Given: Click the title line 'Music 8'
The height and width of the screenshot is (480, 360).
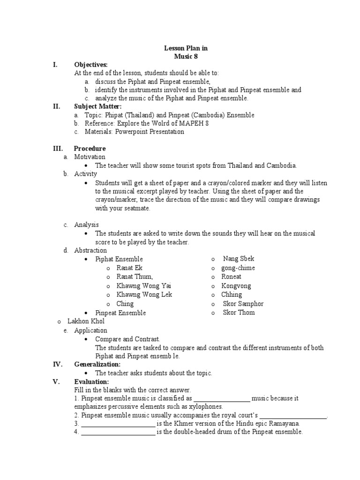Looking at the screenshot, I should coord(180,56).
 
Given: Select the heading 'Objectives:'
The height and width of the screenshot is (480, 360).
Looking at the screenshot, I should coord(91,65).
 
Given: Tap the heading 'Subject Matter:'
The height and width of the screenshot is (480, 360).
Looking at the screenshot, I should coord(96,106).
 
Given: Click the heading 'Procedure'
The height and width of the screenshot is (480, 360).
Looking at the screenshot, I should coord(90,148).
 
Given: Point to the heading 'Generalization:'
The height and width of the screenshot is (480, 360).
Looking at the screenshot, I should coord(97,364).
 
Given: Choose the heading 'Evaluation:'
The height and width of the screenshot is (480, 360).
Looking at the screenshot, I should coord(91,382).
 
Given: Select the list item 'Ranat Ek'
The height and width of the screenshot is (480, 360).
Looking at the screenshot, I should coord(129,268).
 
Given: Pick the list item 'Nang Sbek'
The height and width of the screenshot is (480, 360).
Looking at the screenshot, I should coord(239,259).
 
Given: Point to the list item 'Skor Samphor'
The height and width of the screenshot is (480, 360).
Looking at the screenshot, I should coord(243,304).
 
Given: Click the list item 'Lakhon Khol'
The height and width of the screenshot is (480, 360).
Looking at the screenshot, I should coord(86,322).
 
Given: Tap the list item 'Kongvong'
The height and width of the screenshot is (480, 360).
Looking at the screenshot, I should coord(236,285).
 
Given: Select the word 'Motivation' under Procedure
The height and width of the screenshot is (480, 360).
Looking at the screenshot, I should coord(90,157).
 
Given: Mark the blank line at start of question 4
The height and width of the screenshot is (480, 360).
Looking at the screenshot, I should coord(118,432).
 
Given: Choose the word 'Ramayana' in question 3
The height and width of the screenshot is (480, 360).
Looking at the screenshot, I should coord(285,423).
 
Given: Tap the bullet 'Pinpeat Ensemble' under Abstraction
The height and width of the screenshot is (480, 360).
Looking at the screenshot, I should coord(120,313).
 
